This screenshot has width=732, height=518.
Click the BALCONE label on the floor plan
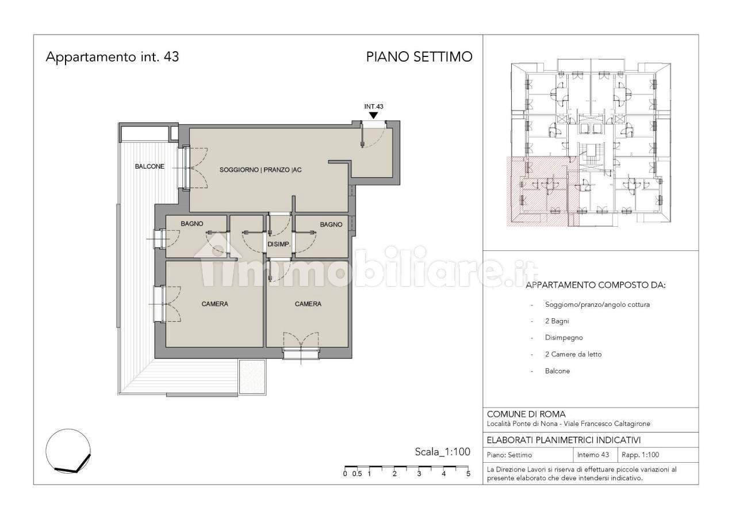click(150, 166)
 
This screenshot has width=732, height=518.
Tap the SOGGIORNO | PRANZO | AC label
click(260, 170)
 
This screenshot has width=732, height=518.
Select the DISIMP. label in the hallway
click(279, 244)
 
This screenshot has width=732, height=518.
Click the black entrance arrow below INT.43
click(374, 116)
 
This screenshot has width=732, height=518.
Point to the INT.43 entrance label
click(374, 106)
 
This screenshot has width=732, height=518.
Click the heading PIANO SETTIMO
click(419, 57)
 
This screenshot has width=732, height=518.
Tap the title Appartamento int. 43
click(112, 57)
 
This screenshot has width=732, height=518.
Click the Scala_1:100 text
click(442, 452)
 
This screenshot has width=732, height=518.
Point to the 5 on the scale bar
click(468, 474)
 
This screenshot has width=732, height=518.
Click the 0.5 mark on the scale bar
click(357, 474)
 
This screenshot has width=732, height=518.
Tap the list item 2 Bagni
click(557, 321)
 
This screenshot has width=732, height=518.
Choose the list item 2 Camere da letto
click(573, 354)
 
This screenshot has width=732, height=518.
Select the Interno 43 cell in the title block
click(593, 455)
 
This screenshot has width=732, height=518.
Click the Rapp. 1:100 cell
click(640, 455)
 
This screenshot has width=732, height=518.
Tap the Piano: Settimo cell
click(509, 455)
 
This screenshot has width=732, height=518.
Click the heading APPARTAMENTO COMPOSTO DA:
click(596, 285)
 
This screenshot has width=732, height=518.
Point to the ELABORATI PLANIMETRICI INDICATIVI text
click(564, 440)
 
